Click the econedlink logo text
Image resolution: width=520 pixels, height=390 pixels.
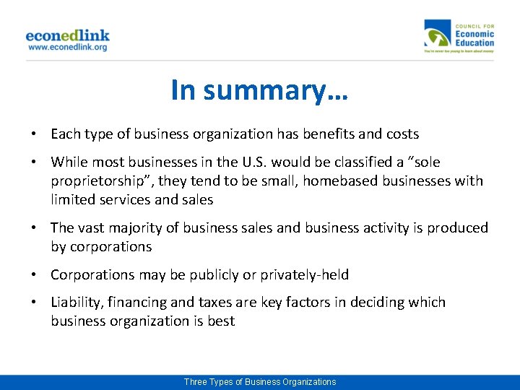pos(67,35)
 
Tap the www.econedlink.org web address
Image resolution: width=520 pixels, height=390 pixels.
pos(67,47)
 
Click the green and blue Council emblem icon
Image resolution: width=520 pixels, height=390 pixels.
pos(438,37)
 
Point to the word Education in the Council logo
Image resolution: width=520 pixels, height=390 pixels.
pos(474,43)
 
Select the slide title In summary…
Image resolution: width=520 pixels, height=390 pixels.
pos(259,90)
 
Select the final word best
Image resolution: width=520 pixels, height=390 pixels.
pos(221,321)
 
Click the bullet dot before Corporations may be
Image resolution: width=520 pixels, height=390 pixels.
pos(35,275)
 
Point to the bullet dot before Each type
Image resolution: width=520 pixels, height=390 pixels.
pos(35,134)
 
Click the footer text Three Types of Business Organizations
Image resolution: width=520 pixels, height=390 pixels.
pos(259,382)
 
